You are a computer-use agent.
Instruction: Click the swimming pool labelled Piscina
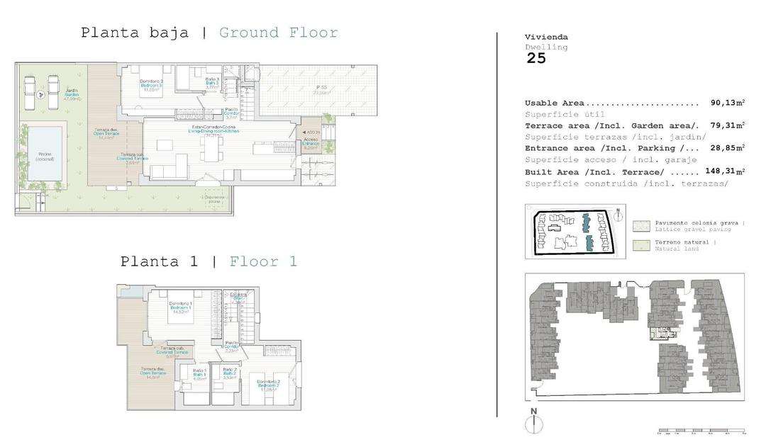pos(44,157)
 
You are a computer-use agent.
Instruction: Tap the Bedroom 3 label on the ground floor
pos(151,86)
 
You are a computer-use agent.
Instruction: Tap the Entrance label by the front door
pos(311,144)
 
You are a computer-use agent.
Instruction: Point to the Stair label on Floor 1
pos(238,297)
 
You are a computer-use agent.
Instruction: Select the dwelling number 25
pos(536,59)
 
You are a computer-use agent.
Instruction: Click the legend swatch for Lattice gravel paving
pos(640,226)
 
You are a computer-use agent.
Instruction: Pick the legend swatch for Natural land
pos(640,245)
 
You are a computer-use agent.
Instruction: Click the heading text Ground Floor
pos(278,33)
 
